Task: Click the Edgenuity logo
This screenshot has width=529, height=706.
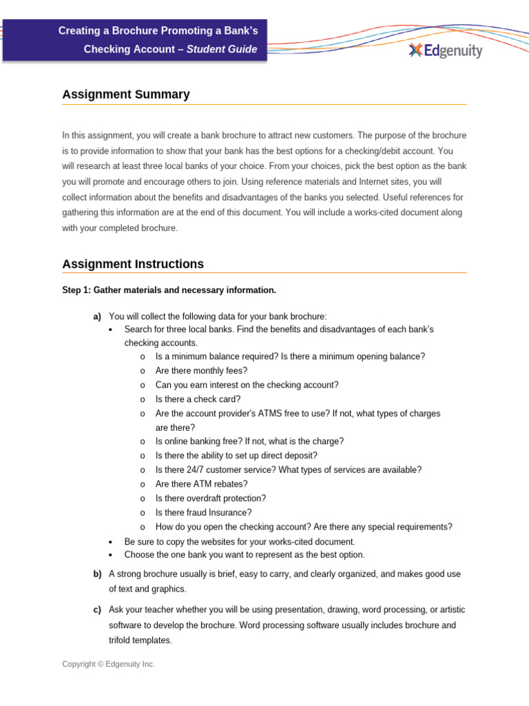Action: [x=445, y=50]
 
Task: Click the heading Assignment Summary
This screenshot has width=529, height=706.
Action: [x=125, y=94]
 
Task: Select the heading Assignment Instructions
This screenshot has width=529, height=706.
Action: [x=133, y=264]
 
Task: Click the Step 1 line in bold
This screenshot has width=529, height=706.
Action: [x=169, y=290]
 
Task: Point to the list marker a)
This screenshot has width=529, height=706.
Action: [x=97, y=316]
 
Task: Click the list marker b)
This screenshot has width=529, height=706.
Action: [x=97, y=574]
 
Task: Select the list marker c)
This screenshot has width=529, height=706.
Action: [x=97, y=610]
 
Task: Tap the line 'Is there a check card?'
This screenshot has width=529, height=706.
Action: [x=198, y=399]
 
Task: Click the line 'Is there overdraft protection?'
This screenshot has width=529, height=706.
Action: [x=210, y=498]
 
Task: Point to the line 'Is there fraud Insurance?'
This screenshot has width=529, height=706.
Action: [x=203, y=512]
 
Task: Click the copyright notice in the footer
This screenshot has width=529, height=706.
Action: [x=108, y=664]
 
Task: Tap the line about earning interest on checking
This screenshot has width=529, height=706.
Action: [x=247, y=385]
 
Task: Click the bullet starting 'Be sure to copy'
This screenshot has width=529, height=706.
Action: [x=239, y=542]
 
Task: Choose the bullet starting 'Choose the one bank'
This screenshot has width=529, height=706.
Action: [x=244, y=554]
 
